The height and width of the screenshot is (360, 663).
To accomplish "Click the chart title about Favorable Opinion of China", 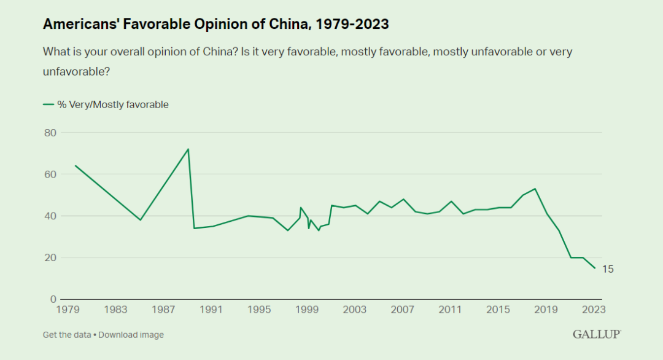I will coord(215,24).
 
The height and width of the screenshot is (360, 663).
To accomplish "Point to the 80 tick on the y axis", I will coord(50,133).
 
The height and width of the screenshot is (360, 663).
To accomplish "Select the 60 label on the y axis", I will coord(50,174).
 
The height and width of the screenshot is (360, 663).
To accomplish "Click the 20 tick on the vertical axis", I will coord(50,258).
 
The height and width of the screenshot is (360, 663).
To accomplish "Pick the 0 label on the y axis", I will coord(53,300).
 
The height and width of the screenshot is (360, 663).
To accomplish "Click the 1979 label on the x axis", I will coord(69,309).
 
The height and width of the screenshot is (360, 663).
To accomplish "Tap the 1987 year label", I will coord(163,309).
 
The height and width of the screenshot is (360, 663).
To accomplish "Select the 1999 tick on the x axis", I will coord(306,309).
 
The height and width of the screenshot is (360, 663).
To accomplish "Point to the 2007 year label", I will coord(402,309).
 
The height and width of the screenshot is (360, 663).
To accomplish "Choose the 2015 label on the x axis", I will coord(498,309).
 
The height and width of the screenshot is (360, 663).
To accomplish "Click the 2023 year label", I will coord(593,309).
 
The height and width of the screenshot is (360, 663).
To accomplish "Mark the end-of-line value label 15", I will coord(608,269).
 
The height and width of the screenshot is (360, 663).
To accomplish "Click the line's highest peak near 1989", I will coord(188,149).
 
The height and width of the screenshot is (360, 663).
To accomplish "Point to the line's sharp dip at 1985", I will coord(141,220).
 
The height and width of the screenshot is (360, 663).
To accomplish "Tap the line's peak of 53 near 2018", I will coord(535,189).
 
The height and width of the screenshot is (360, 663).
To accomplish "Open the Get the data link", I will coord(66,335).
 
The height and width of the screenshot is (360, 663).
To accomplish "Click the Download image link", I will coord(131,335).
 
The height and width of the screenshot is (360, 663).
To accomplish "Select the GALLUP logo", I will coord(597,334).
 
